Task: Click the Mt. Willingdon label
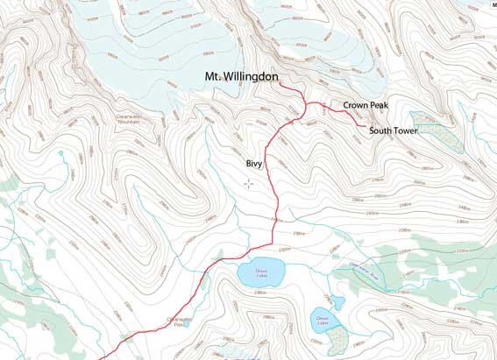pos(241,78)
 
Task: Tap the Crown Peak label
pos(366,105)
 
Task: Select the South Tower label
pos(393,131)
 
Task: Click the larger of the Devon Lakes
pos(261,272)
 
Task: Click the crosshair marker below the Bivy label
pos(249,183)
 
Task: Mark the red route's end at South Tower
pos(366,128)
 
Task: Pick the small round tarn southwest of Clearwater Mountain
pos(61,153)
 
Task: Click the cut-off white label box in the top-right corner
pos(493,5)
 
